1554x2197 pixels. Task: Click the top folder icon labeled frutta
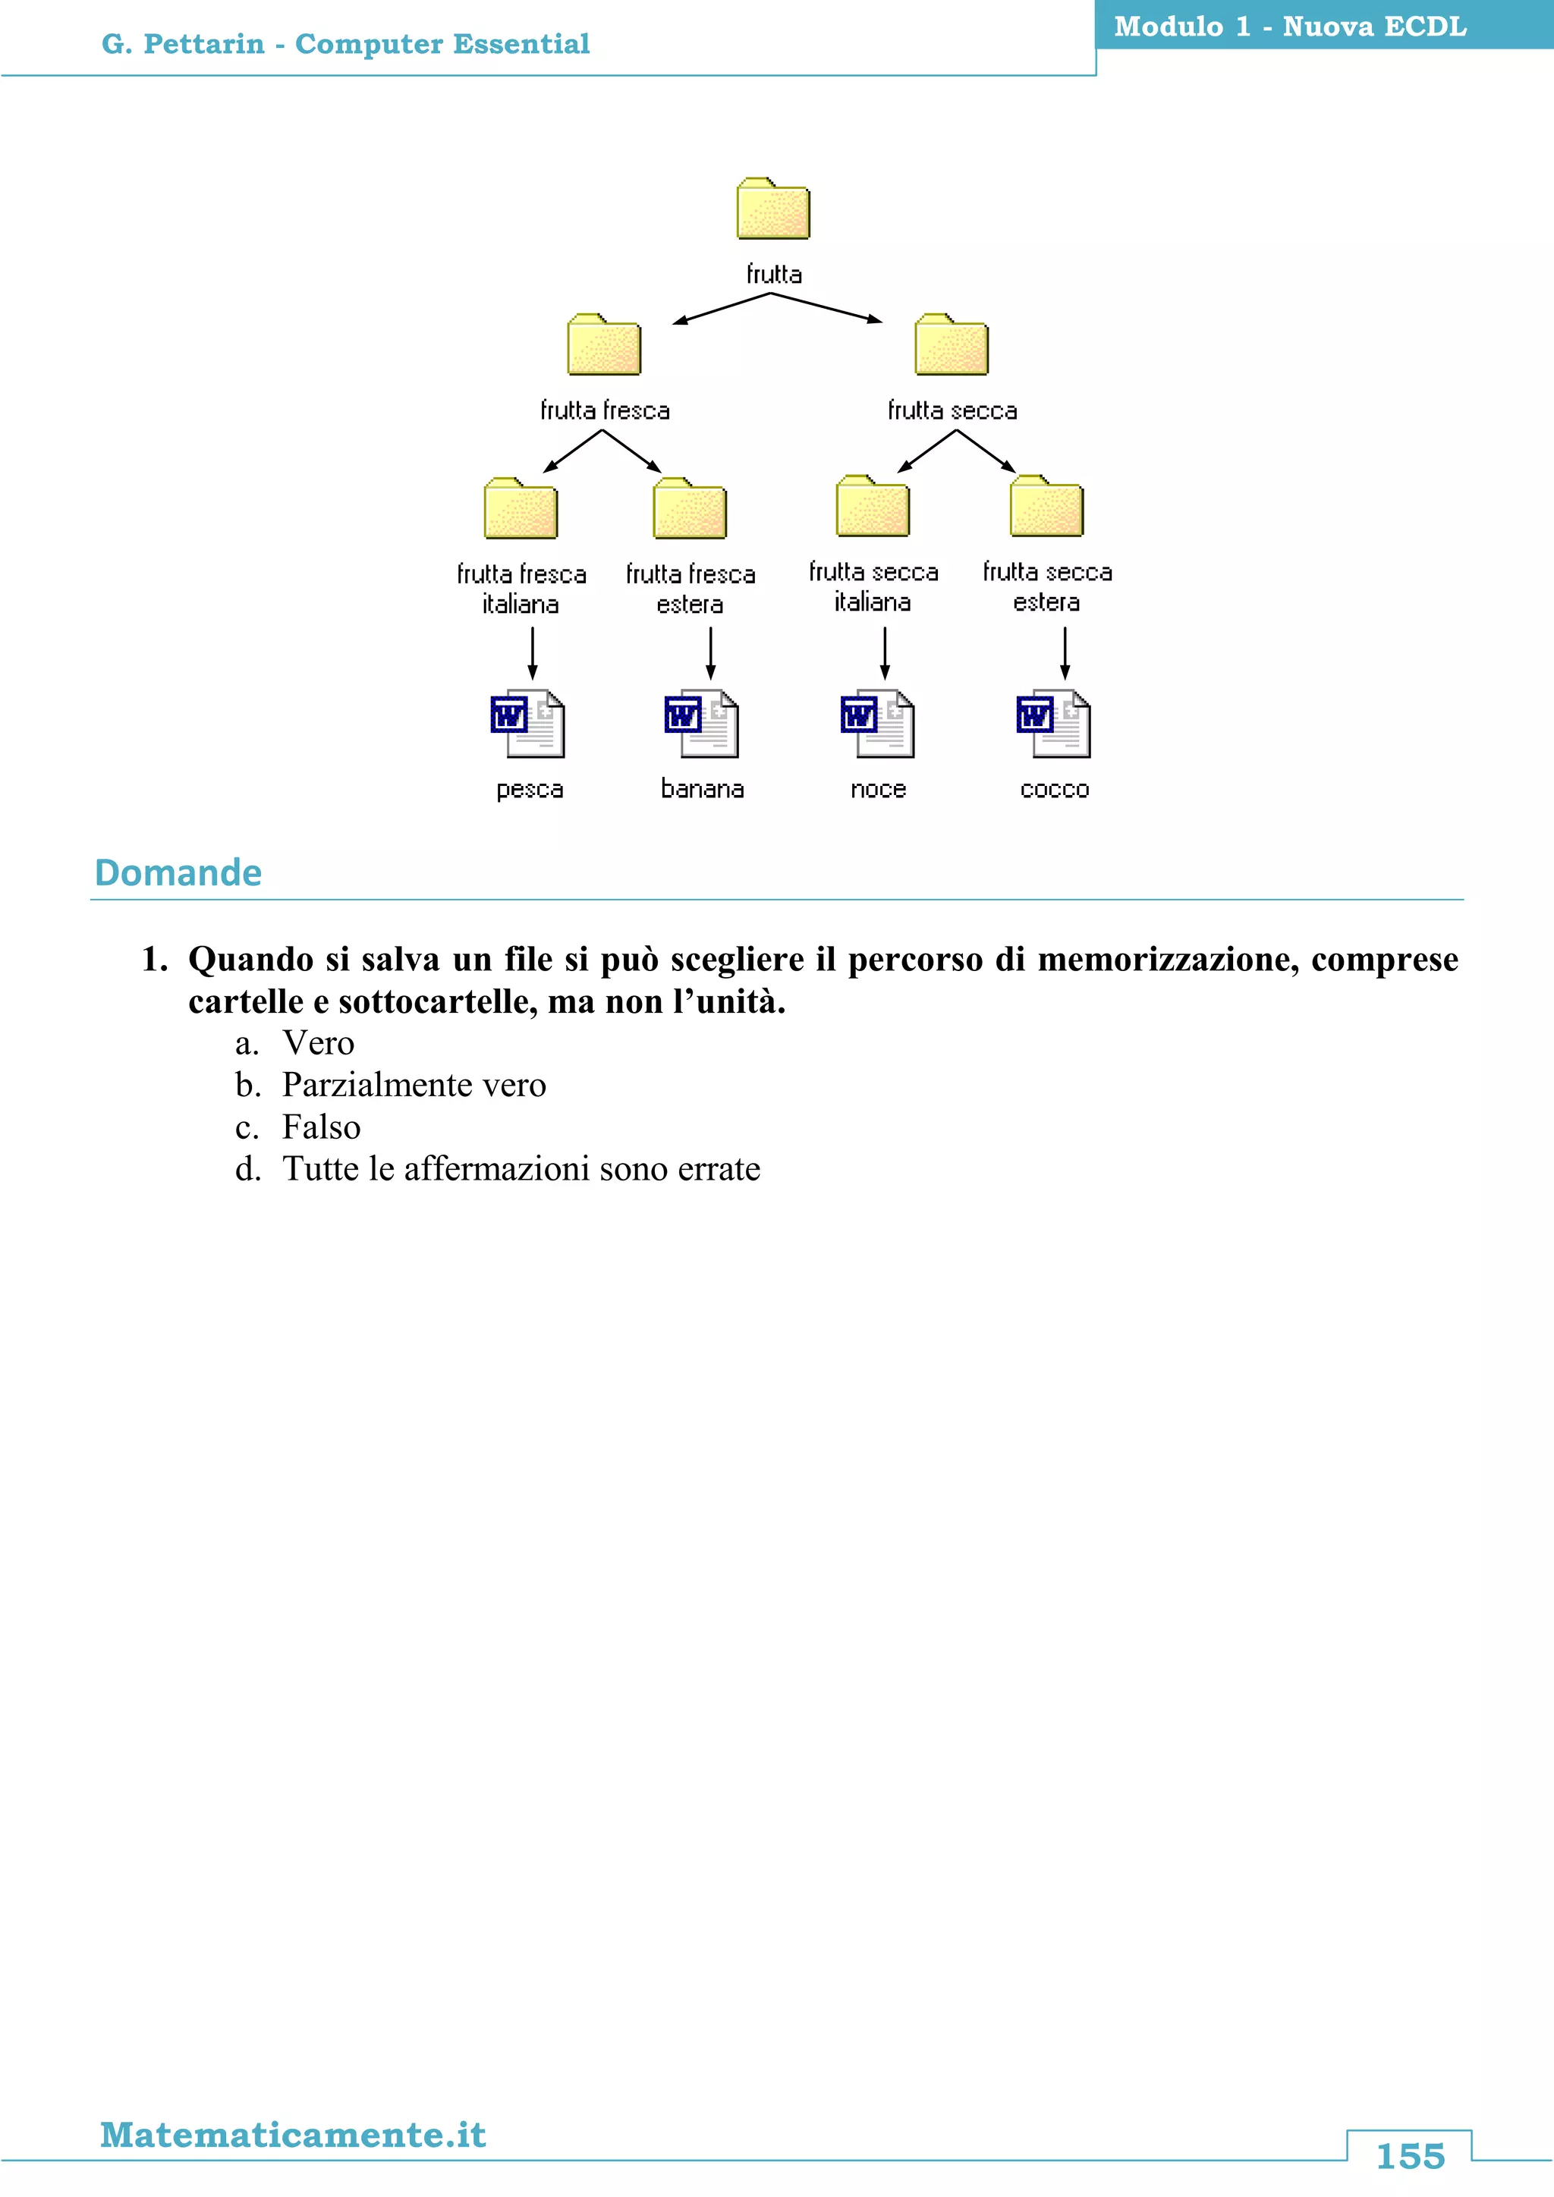[x=773, y=209]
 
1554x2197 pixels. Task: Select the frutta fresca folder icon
[x=604, y=345]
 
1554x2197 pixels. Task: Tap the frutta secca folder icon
[x=952, y=345]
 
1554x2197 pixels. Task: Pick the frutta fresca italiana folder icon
[x=521, y=509]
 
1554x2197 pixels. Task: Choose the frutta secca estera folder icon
[x=1047, y=508]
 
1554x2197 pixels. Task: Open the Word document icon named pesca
[x=527, y=724]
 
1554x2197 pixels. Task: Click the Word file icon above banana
[x=701, y=724]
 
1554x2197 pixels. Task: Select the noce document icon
[x=877, y=724]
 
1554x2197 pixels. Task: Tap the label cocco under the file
[x=1055, y=790]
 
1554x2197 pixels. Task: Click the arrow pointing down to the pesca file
[x=533, y=652]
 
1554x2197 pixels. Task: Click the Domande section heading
[x=178, y=872]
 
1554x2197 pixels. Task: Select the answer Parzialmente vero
[x=414, y=1085]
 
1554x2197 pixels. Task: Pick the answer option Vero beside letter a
[x=318, y=1043]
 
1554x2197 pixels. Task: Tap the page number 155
[x=1410, y=2156]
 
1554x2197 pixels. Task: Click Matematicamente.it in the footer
[x=293, y=2135]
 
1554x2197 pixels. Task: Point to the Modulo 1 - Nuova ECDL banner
[x=1290, y=27]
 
